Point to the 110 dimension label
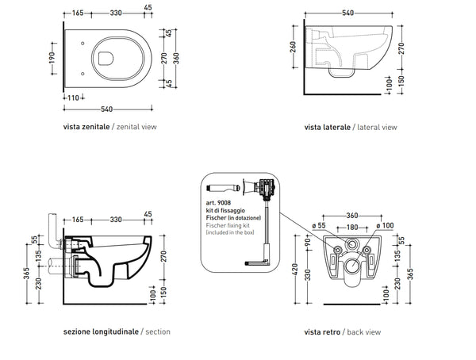[72, 96]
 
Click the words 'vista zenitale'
[86, 126]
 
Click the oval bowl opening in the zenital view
[107, 56]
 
